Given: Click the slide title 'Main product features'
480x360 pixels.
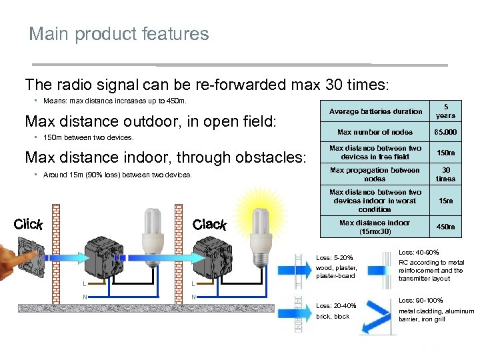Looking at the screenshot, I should pos(119,34).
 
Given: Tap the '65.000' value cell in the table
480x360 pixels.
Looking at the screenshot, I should pos(446,132).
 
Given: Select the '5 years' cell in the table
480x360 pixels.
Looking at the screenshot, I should pos(446,111).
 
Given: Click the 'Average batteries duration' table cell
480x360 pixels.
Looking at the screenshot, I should pos(375,111).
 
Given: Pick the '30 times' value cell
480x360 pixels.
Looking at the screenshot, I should pos(446,175).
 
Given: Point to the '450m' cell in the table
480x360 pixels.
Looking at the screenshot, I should pos(446,227).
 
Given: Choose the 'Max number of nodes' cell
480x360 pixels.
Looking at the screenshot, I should pos(375,132).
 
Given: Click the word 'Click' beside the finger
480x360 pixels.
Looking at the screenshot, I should pos(28,224).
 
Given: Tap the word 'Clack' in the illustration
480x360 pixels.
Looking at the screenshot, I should pos(209,225).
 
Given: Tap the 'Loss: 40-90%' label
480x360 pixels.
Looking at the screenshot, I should pos(419,253).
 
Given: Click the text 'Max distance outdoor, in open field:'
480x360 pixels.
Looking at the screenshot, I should pos(150,121).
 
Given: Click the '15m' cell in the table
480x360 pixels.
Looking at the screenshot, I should pos(446,201).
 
